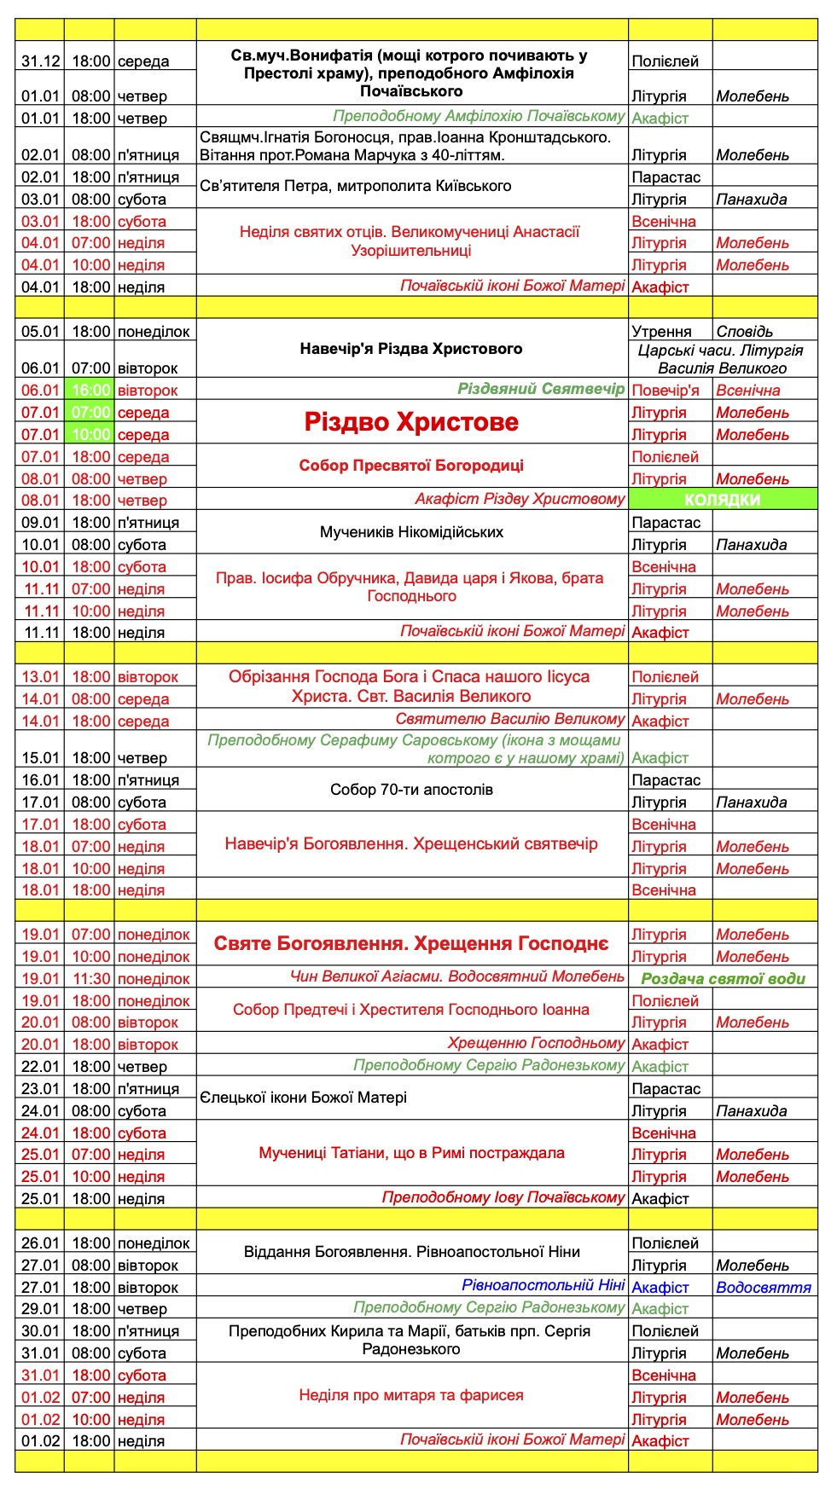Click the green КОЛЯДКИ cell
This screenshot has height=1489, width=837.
[x=722, y=500]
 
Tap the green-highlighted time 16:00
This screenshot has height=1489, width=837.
[x=90, y=391]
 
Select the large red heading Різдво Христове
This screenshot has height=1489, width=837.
[x=411, y=423]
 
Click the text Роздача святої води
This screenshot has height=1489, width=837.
[x=723, y=979]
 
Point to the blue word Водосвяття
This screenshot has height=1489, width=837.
[x=764, y=1288]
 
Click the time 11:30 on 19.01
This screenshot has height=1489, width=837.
[x=90, y=979]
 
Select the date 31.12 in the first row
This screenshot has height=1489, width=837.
[x=40, y=61]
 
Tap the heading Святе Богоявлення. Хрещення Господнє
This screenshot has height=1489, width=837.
[x=411, y=944]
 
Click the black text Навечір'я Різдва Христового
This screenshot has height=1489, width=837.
[x=411, y=349]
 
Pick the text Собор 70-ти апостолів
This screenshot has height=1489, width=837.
[x=411, y=790]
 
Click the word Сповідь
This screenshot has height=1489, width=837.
[x=745, y=332]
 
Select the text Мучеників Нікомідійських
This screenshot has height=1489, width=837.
[x=411, y=532]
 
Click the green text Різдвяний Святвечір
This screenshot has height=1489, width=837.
[x=541, y=389]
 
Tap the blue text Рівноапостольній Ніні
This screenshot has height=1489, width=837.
[x=543, y=1285]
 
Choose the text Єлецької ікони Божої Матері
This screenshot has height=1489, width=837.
[x=304, y=1098]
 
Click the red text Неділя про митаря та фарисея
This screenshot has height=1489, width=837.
[x=411, y=1395]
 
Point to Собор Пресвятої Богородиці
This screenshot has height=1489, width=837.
[x=411, y=466]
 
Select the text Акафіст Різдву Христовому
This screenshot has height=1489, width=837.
[x=520, y=499]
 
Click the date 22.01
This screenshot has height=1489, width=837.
[x=40, y=1067]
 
